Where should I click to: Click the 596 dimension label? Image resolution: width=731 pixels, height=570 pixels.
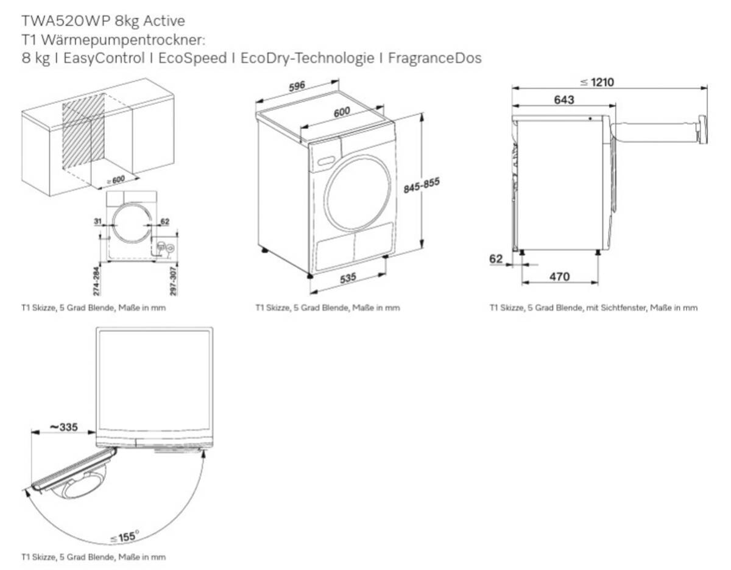tap(296, 86)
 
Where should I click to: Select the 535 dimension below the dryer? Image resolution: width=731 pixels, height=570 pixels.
tap(348, 278)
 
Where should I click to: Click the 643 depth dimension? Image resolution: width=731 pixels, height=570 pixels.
tap(564, 100)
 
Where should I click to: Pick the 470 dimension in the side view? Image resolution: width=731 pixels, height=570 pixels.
tap(559, 277)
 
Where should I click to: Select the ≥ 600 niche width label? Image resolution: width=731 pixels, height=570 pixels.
tap(116, 180)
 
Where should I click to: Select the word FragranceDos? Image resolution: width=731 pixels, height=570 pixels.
tap(434, 58)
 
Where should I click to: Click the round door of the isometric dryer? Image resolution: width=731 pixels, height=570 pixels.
tap(358, 193)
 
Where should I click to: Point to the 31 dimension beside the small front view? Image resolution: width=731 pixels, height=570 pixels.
tap(98, 222)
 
